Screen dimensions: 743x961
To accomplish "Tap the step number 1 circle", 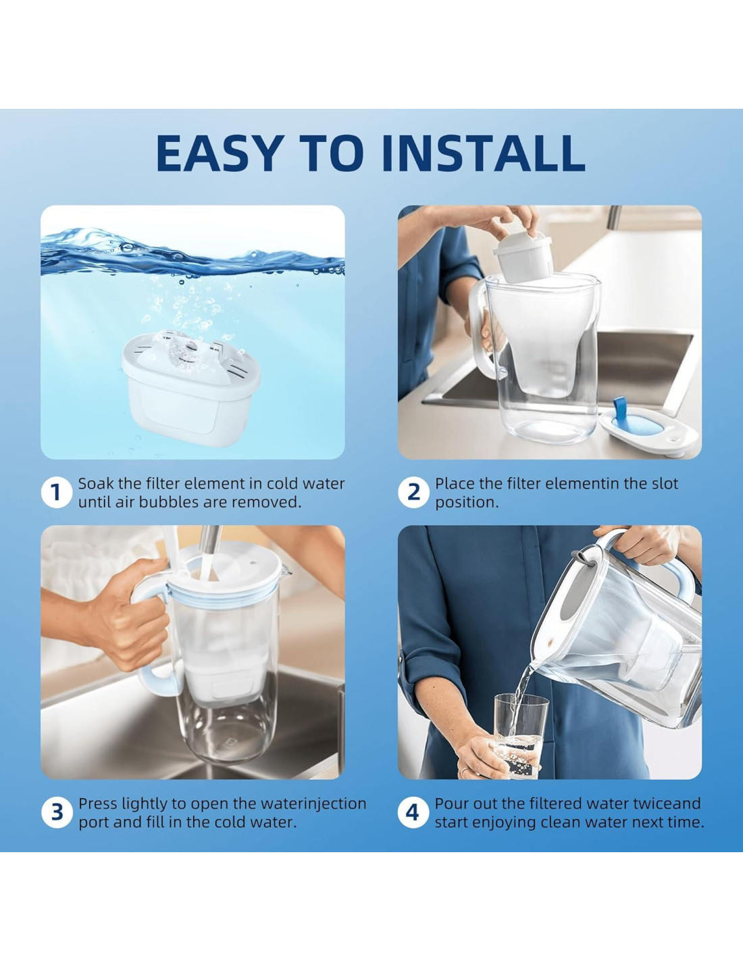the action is (x=56, y=492).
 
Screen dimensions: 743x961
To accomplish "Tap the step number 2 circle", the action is (x=413, y=492).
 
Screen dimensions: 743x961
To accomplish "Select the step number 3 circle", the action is (x=56, y=812).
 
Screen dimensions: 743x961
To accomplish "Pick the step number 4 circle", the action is (x=413, y=812).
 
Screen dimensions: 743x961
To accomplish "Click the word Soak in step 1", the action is (x=96, y=483).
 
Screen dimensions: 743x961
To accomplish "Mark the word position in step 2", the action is (x=467, y=503).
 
